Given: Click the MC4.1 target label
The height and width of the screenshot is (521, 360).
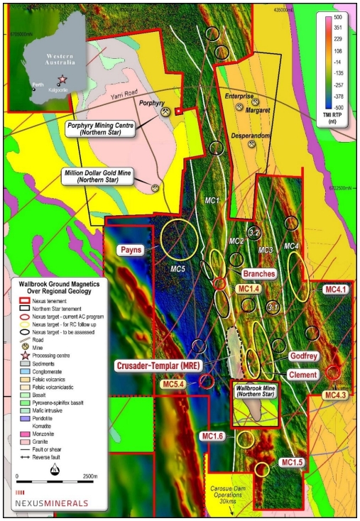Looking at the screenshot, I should pos(335,290).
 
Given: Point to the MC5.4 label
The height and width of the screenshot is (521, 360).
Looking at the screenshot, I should pos(174,384).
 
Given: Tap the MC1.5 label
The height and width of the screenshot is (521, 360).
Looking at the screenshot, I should pos(292,463).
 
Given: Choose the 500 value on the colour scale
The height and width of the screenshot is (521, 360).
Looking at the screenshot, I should pos(338,17).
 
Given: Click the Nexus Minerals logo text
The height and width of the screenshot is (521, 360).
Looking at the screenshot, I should pos(52,503).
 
